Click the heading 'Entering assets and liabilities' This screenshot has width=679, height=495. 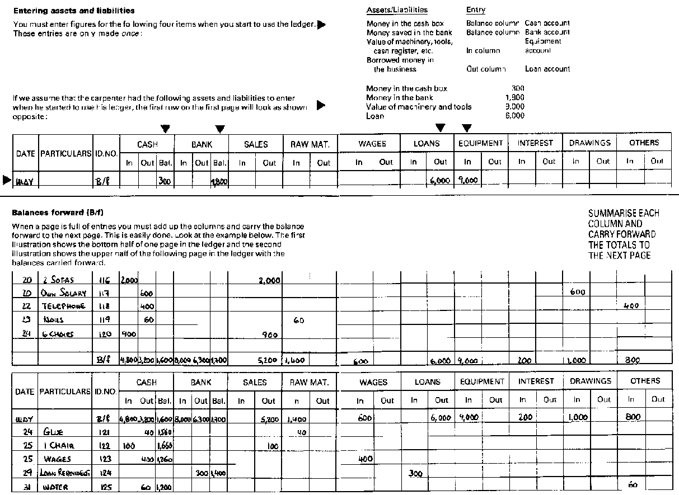[x=73, y=11]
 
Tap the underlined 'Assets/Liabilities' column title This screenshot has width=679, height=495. [x=396, y=10]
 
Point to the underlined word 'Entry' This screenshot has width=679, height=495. [x=475, y=10]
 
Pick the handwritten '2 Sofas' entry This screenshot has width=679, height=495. [x=58, y=280]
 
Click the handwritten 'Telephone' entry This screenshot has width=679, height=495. [x=63, y=307]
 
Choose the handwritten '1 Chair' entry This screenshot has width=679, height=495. [x=59, y=446]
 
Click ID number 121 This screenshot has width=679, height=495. [x=105, y=432]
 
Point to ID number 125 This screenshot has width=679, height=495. [x=105, y=487]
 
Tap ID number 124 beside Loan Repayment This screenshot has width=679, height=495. [x=105, y=473]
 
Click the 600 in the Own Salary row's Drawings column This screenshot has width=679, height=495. [x=577, y=292]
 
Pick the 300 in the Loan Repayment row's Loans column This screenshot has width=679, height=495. [x=415, y=473]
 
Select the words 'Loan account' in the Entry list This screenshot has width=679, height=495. [x=547, y=69]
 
